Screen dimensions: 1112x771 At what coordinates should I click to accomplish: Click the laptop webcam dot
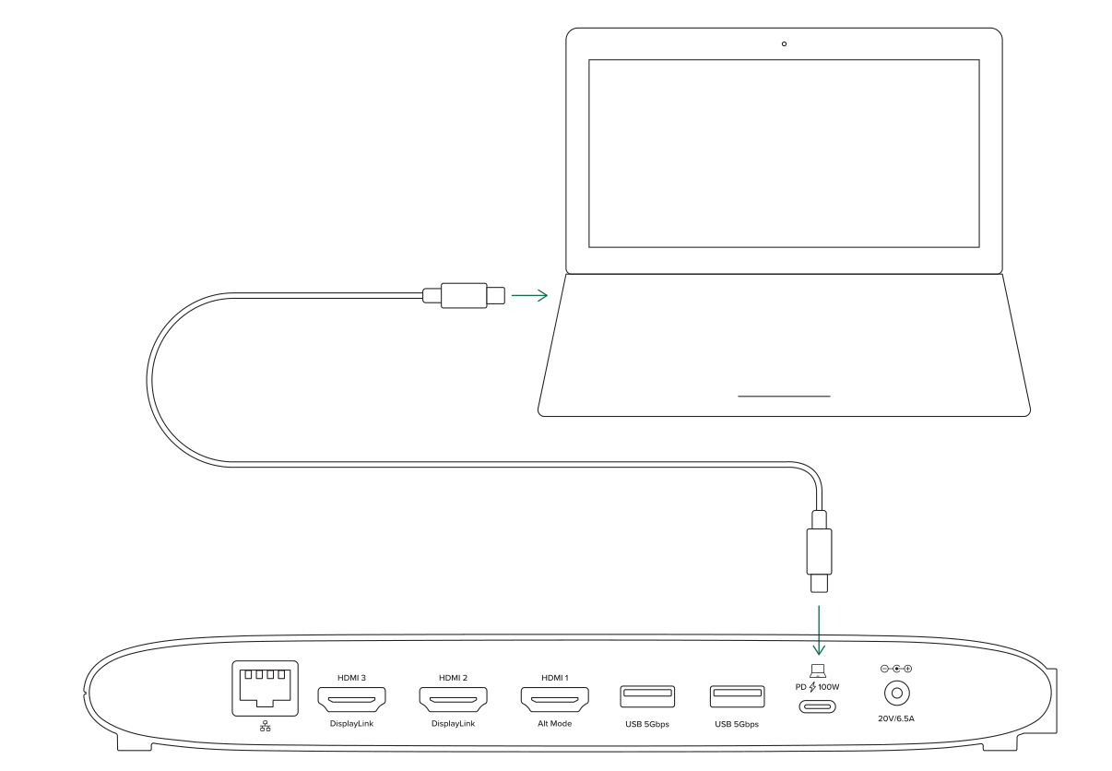point(784,44)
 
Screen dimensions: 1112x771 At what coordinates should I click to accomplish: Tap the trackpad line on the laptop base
point(784,397)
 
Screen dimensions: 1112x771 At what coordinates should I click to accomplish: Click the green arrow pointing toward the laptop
point(529,295)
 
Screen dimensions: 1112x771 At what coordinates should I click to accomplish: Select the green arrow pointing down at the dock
point(819,630)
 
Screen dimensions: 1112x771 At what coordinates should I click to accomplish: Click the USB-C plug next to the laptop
point(464,295)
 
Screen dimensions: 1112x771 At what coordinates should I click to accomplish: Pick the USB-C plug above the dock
point(819,552)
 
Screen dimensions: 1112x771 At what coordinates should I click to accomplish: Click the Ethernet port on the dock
point(266,688)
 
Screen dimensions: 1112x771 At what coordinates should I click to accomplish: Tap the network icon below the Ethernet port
point(266,727)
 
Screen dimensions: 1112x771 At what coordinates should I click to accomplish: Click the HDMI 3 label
point(351,678)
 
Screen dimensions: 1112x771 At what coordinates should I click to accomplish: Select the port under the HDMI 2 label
point(454,699)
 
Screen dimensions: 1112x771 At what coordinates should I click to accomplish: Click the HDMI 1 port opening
point(554,699)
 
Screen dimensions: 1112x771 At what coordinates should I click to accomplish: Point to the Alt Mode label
point(554,723)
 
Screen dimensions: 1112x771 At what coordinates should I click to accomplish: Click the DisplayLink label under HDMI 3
point(351,723)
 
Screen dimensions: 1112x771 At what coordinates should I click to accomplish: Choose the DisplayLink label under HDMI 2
point(454,723)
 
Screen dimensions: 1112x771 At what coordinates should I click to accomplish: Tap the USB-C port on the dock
point(817,706)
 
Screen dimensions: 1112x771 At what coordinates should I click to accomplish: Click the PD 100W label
point(817,687)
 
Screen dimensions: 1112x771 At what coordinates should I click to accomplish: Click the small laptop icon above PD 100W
point(818,670)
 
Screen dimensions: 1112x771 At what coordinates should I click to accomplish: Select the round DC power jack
point(896,693)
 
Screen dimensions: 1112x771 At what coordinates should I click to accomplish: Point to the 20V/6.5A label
point(896,718)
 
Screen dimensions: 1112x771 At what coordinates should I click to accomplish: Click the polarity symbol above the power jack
point(896,669)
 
